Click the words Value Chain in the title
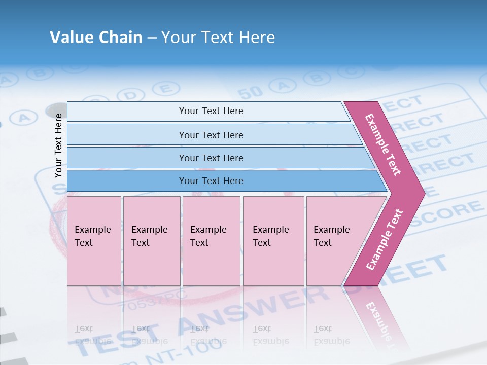coord(96,38)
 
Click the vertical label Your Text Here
coord(58,145)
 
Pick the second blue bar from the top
coord(211,135)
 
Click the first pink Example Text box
coord(94,241)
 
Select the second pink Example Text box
coord(152,241)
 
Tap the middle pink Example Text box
coord(211,241)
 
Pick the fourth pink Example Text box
coord(273,241)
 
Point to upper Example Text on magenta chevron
coord(384,145)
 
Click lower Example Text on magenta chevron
coord(385,239)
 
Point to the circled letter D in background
coord(131,95)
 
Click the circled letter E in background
coord(163,89)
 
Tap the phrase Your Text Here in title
coord(218,38)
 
